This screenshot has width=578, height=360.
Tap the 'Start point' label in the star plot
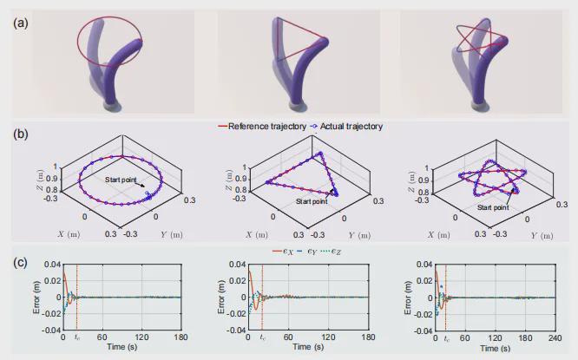point(490,207)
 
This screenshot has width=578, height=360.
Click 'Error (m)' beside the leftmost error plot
point(36,297)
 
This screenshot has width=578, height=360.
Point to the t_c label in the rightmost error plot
point(446,337)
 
